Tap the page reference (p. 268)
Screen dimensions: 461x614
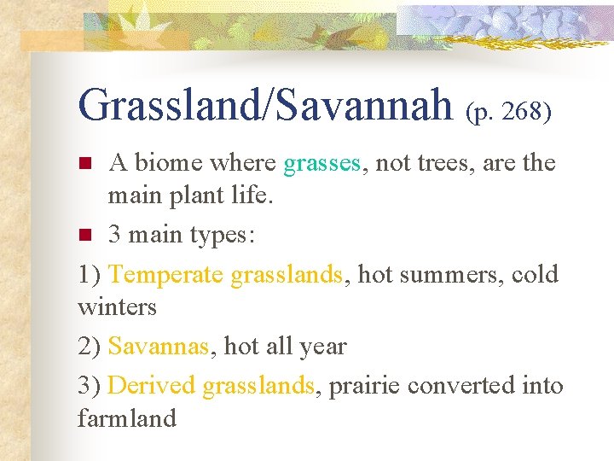pyautogui.click(x=508, y=112)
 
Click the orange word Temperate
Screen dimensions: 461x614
pyautogui.click(x=166, y=275)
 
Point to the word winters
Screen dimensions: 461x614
pyautogui.click(x=117, y=306)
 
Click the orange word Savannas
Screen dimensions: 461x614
pyautogui.click(x=159, y=347)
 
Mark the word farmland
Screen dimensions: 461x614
pyautogui.click(x=126, y=418)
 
